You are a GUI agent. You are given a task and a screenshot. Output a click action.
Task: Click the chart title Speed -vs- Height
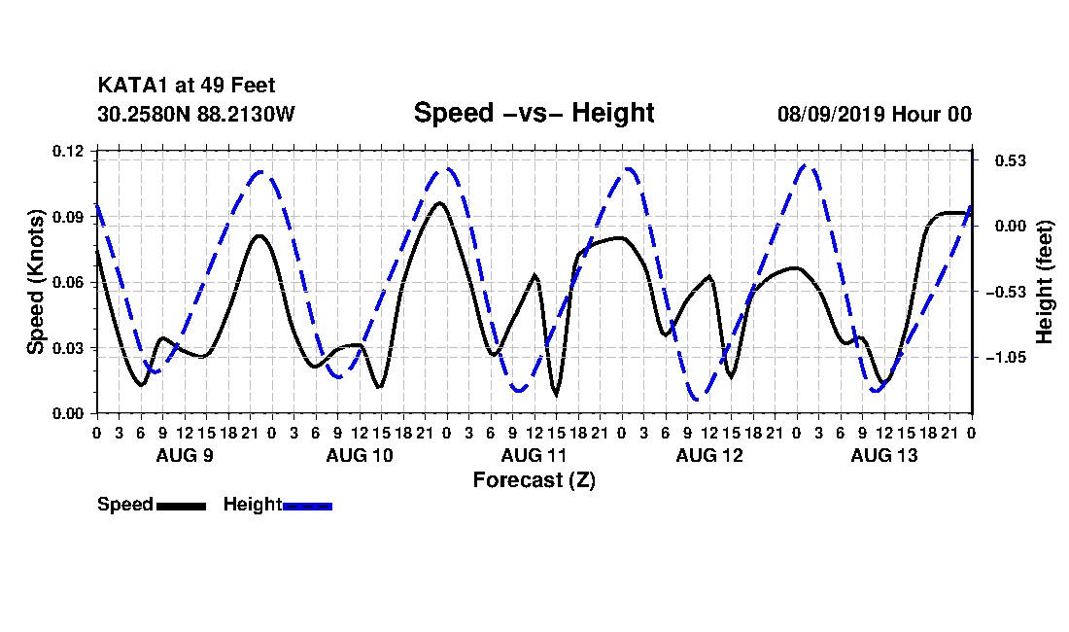534,113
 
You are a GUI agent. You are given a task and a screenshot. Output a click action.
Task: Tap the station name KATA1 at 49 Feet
187,86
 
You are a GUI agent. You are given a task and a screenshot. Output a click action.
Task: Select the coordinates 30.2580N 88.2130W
195,114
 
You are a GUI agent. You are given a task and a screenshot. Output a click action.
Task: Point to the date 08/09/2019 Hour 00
874,114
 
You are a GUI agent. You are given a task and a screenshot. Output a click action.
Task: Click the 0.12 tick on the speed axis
68,151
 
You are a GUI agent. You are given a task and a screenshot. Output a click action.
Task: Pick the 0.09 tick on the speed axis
68,217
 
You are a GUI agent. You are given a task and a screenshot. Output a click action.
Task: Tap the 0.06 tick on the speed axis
68,282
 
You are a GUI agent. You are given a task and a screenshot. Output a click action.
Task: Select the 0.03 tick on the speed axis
68,348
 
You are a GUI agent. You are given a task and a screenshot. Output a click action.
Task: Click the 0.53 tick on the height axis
1011,160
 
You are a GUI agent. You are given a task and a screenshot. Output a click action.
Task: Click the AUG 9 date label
185,455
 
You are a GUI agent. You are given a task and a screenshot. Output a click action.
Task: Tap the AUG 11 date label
534,455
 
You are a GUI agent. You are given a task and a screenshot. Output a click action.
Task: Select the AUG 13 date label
884,455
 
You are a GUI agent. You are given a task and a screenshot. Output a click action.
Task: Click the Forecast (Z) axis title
534,480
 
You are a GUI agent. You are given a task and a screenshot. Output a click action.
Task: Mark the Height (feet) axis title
1045,282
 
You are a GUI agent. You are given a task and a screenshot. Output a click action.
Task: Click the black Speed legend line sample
182,506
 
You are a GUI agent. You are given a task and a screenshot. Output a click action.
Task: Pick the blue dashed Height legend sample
307,506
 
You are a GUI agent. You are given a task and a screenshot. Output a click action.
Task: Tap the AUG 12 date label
709,455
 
